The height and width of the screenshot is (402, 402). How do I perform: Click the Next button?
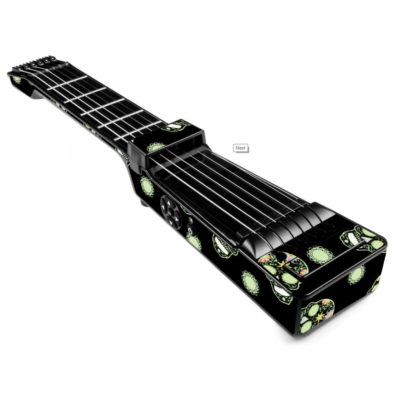coord(240,148)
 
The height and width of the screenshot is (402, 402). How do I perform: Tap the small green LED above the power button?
coord(191,220)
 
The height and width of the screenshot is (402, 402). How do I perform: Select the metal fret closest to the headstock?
coord(67,83)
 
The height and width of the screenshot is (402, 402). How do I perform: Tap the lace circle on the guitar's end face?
coord(356,275)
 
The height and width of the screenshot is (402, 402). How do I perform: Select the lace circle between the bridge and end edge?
coord(320,255)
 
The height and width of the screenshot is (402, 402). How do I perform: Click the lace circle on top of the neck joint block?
coord(156,147)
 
